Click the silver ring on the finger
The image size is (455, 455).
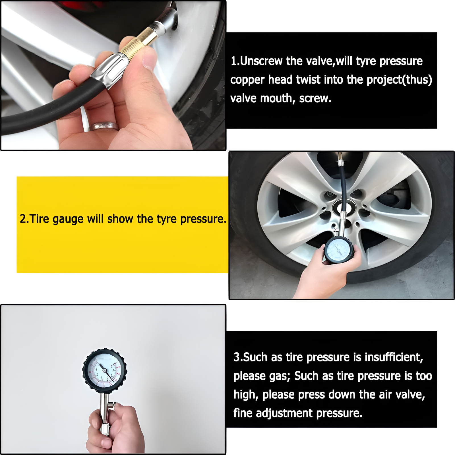pos(103,126)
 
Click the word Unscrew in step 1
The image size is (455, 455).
pos(261,61)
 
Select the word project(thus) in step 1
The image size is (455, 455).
pos(399,80)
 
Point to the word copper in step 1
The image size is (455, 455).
pos(247,80)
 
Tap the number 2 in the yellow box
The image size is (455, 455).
pos(22,219)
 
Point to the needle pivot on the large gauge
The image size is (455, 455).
pos(104,370)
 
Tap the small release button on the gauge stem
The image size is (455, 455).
pos(113,404)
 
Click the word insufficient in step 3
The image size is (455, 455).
pos(394,357)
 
